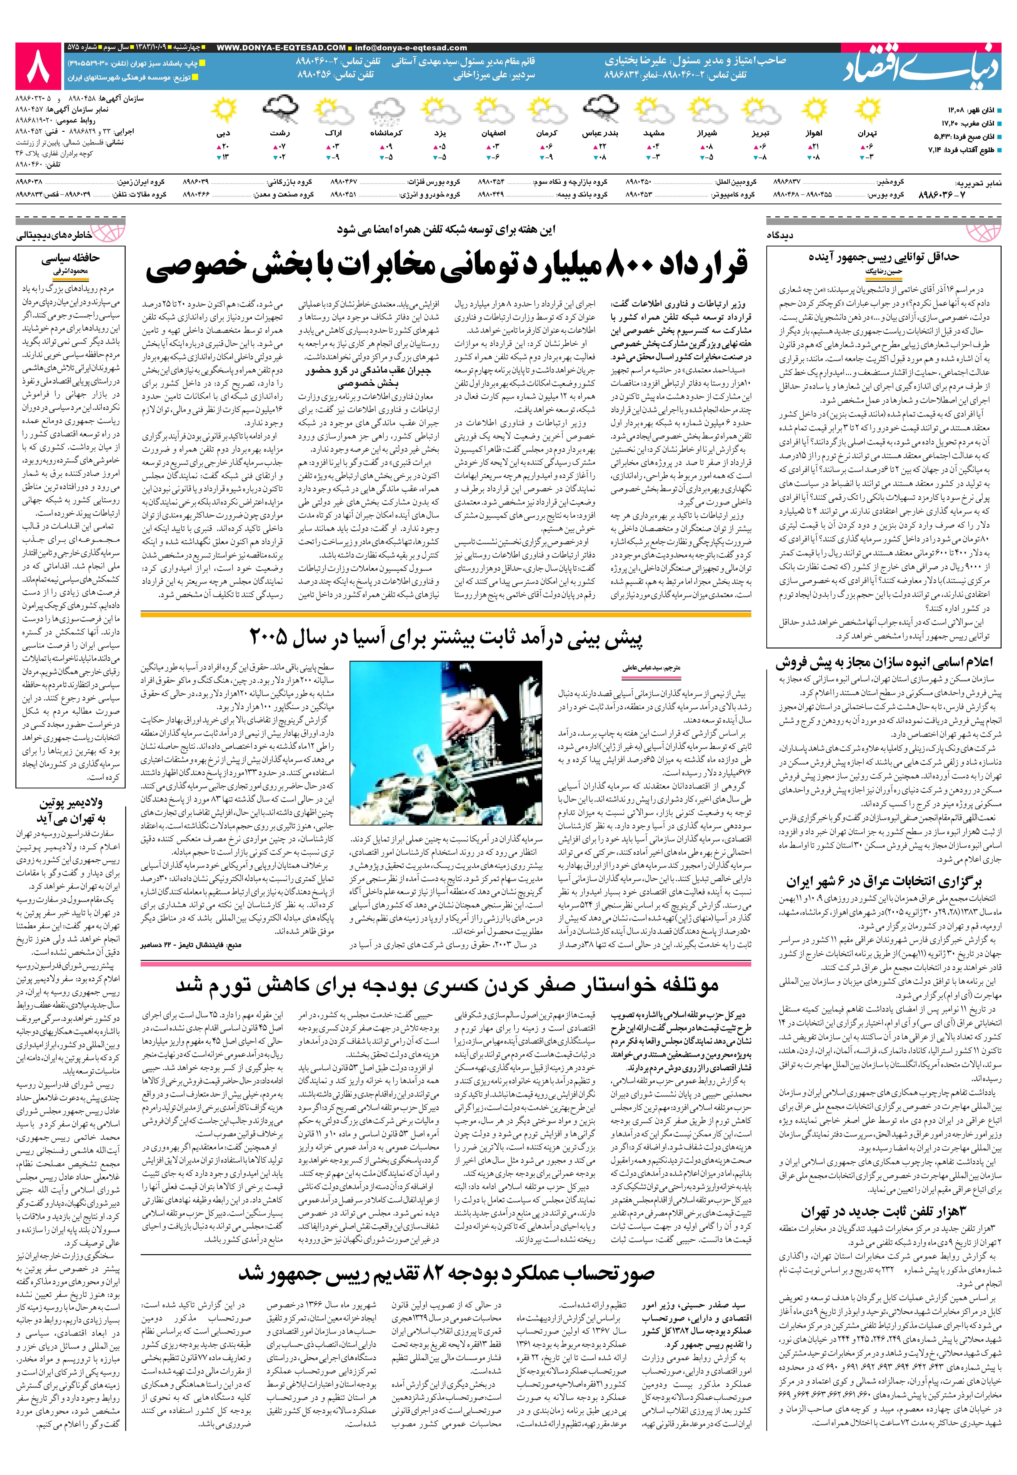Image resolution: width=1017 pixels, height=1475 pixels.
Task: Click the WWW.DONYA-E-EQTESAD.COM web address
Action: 281,48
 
